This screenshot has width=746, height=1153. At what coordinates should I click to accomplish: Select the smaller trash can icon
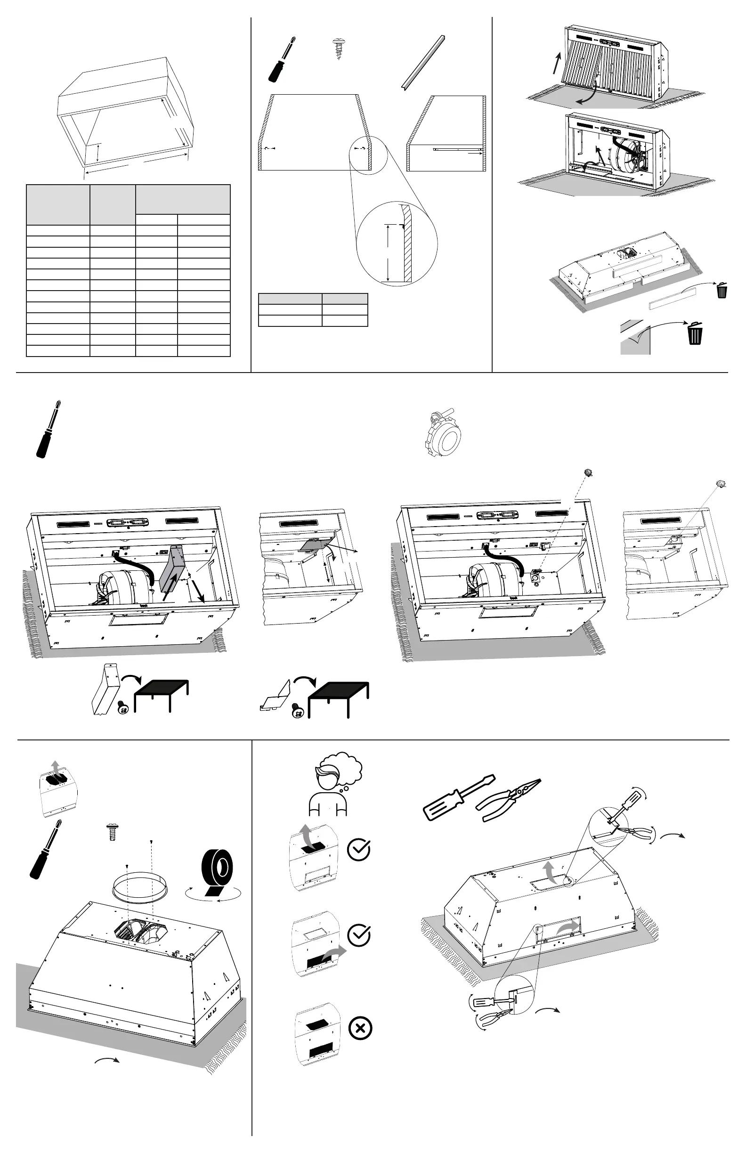(x=722, y=290)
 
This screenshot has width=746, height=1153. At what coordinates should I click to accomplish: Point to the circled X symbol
(x=360, y=1028)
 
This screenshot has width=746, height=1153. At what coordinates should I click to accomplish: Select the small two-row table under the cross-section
(x=313, y=309)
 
